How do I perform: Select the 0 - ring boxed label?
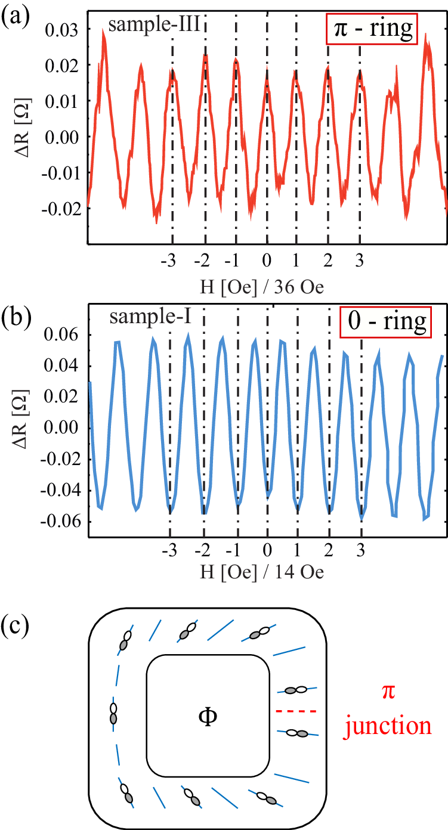[x=385, y=321]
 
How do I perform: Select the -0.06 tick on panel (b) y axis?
[x=59, y=522]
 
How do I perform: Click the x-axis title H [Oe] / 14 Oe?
[x=265, y=572]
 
